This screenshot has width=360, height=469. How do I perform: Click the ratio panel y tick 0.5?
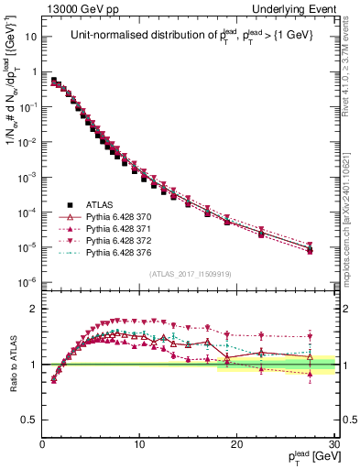pyautogui.click(x=31, y=420)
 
